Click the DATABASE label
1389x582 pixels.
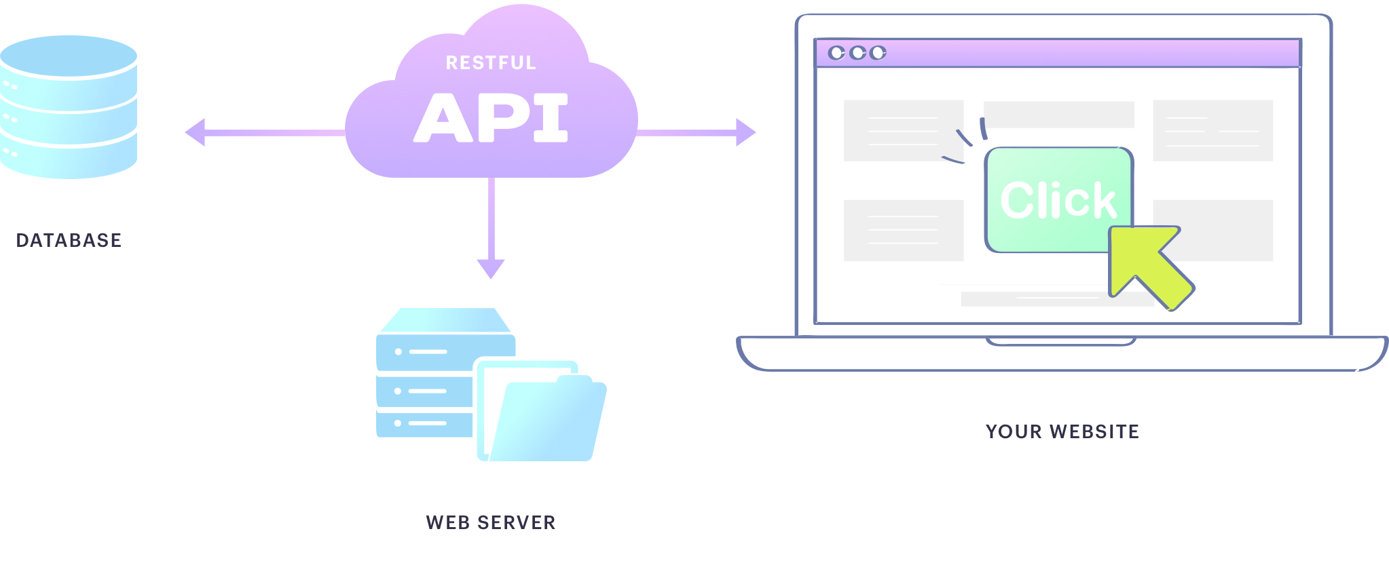click(x=69, y=240)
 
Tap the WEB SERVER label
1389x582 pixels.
click(x=490, y=522)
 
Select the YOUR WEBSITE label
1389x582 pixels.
click(x=1062, y=431)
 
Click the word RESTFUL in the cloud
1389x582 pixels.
click(x=491, y=63)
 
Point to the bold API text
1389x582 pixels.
click(x=491, y=118)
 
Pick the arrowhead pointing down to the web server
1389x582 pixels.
click(x=491, y=269)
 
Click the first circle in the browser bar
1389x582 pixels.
click(x=837, y=53)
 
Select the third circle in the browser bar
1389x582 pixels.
click(x=878, y=53)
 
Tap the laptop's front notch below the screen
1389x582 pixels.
click(x=1060, y=341)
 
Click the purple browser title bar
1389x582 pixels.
click(x=1086, y=53)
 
